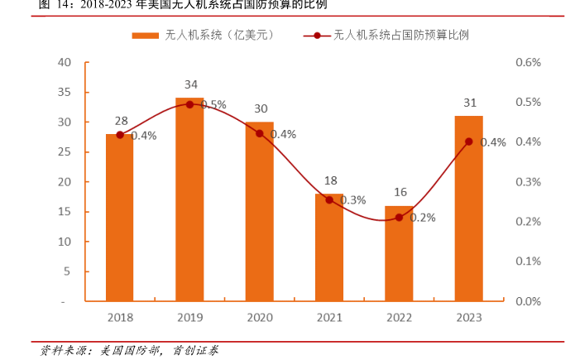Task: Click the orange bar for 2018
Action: tap(120, 217)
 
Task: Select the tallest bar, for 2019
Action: tap(189, 199)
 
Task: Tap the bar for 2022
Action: tap(399, 252)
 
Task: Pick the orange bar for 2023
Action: tap(469, 208)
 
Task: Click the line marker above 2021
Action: tap(329, 199)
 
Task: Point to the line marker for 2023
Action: tap(469, 142)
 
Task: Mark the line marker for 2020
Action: tap(260, 133)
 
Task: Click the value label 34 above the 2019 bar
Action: tap(190, 84)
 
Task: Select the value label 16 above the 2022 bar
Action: tap(400, 192)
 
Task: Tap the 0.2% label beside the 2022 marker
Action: tap(422, 218)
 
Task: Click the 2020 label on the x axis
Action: tap(260, 317)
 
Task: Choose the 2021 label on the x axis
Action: tap(329, 317)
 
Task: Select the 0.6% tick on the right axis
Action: tap(528, 62)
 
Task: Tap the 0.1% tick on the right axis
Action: tap(528, 262)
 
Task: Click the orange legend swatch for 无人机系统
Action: tap(145, 36)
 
